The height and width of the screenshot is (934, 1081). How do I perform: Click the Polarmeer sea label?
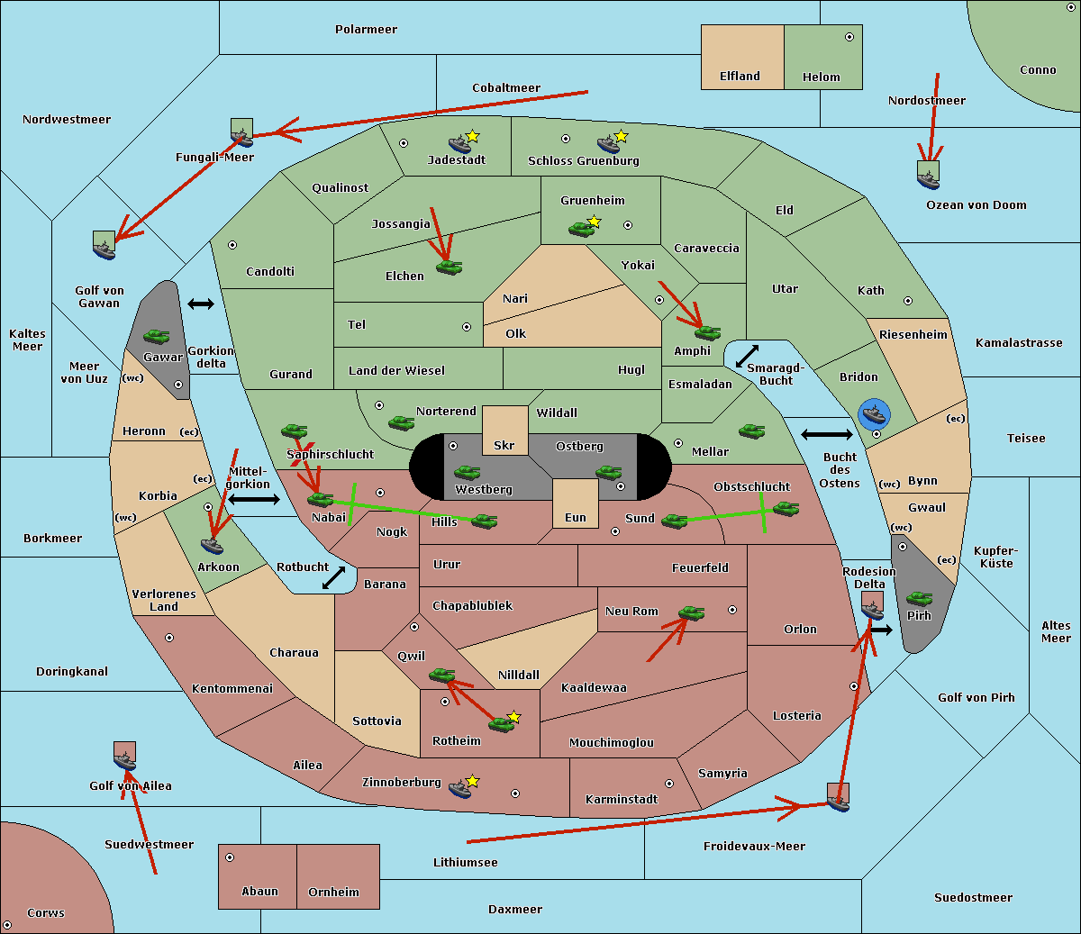point(366,30)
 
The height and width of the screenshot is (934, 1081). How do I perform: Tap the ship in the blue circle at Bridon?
point(874,414)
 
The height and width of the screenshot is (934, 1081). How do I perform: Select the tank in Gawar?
point(157,337)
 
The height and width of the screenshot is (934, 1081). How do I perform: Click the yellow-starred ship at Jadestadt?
point(460,143)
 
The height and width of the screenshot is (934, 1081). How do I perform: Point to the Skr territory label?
point(504,445)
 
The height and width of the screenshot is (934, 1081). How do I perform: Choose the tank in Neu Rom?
point(691,613)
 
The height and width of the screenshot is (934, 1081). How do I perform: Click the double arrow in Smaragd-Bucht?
point(747,356)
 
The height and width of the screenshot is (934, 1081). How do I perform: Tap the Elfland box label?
point(740,77)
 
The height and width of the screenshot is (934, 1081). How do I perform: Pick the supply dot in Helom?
point(849,37)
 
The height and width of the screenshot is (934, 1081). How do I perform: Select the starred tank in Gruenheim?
point(582,229)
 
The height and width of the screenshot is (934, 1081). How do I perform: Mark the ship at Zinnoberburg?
point(460,789)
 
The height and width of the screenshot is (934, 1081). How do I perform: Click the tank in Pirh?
point(919,599)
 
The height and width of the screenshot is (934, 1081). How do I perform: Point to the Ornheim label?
point(333,892)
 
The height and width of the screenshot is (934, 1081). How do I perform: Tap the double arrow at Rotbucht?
point(333,578)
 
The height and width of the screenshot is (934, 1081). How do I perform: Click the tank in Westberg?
point(467,472)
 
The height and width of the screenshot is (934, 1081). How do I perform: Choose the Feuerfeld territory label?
point(700,568)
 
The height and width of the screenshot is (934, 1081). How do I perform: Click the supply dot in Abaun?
point(230,857)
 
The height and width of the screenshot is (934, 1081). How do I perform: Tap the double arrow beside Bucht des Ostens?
point(826,435)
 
